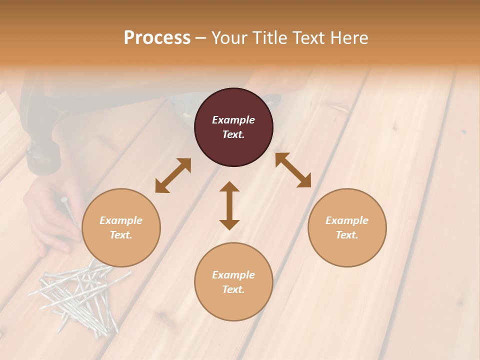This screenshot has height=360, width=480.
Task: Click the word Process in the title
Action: (x=157, y=38)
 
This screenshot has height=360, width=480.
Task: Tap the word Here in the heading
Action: (x=349, y=38)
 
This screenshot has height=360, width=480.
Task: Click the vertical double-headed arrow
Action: (x=229, y=205)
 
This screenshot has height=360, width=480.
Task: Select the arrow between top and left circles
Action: (x=173, y=175)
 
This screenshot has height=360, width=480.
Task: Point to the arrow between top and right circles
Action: (x=293, y=170)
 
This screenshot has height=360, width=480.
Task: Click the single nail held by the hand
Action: (x=69, y=210)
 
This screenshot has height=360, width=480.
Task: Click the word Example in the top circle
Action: (x=233, y=120)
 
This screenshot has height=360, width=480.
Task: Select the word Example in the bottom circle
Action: (x=233, y=275)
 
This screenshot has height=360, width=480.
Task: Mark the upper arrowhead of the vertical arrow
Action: (x=229, y=187)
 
